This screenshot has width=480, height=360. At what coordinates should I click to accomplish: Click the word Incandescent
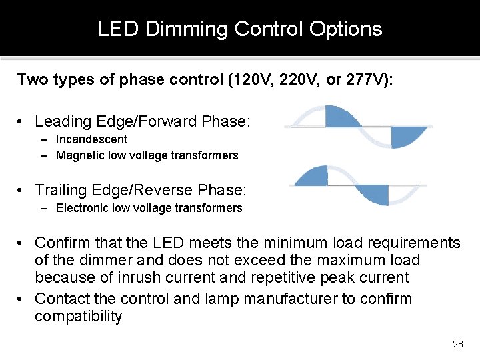point(91,139)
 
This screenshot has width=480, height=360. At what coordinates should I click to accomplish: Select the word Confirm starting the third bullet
point(62,243)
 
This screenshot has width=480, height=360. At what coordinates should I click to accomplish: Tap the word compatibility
point(78,316)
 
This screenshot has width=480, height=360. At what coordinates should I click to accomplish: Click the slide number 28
point(457,344)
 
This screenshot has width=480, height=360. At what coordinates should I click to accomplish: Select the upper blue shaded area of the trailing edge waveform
point(313,177)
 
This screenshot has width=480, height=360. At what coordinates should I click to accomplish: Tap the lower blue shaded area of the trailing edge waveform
point(375,195)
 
